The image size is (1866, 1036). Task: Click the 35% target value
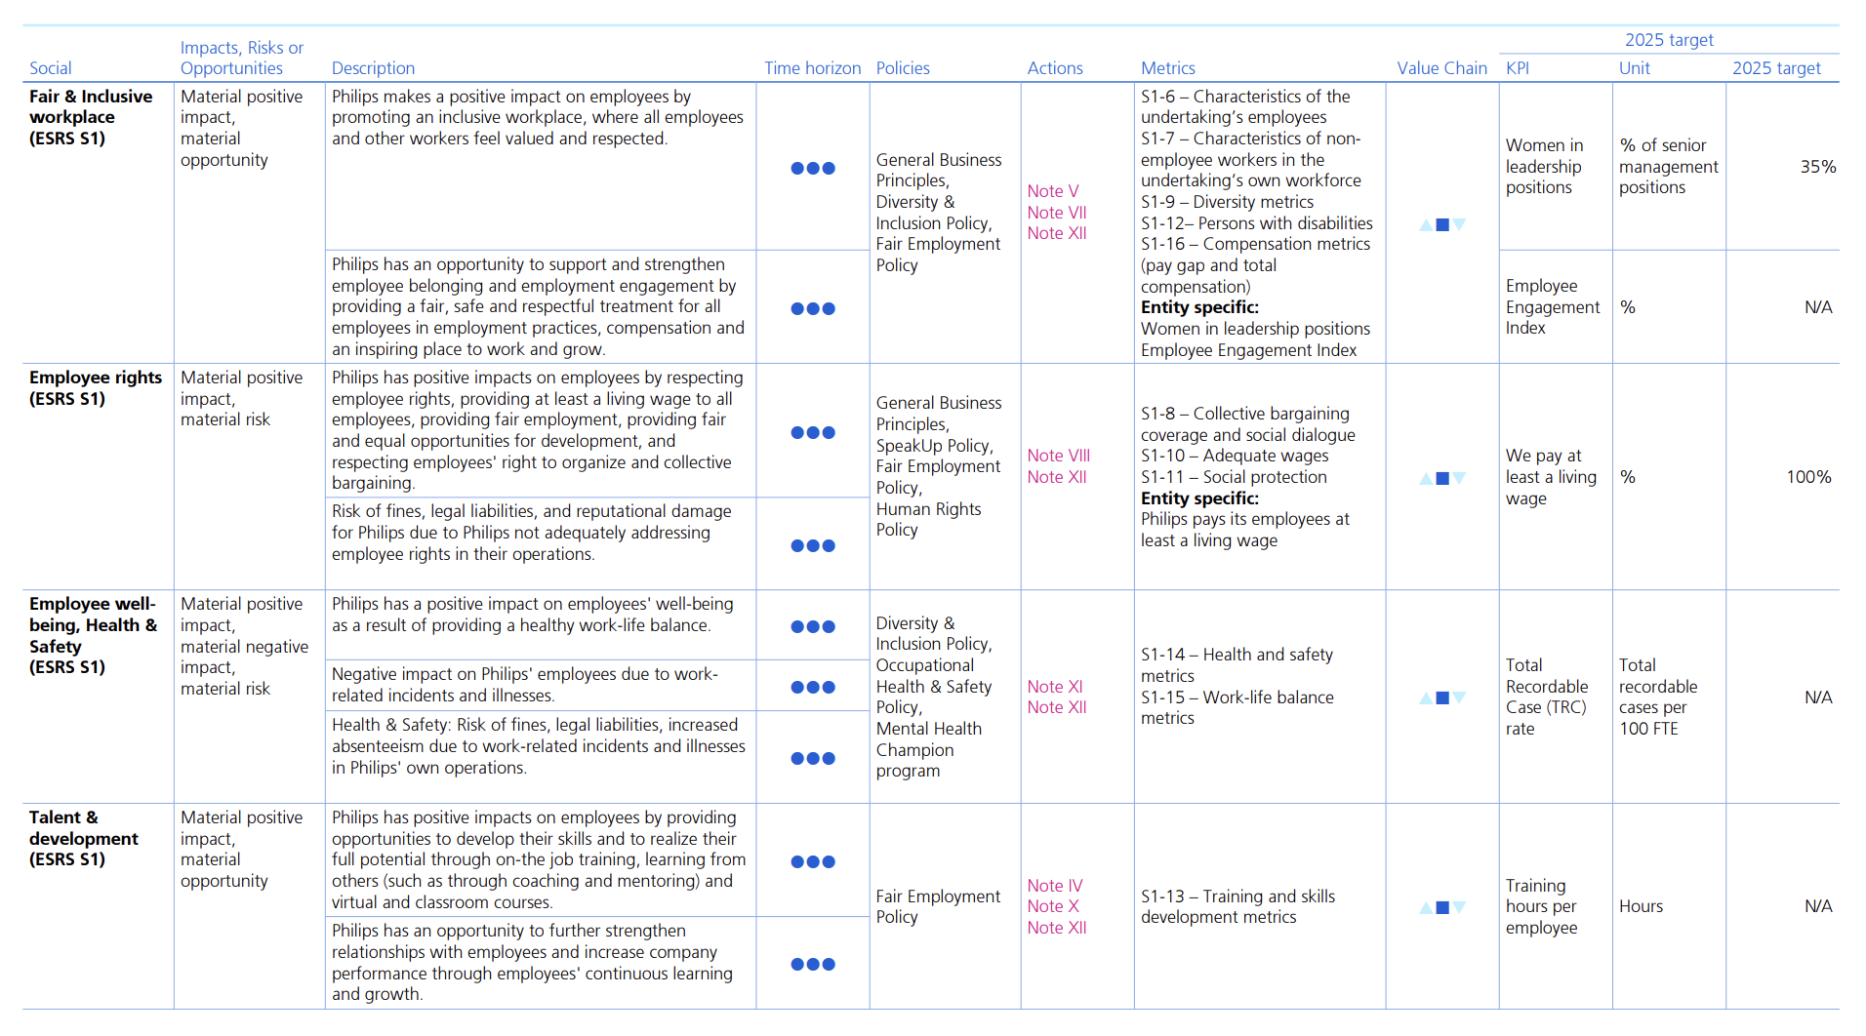tap(1817, 167)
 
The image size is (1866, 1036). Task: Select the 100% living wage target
tap(1808, 477)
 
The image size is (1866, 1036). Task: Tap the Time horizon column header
tap(812, 68)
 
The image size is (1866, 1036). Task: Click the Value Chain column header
tap(1441, 68)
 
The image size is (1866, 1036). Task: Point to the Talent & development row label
tap(84, 838)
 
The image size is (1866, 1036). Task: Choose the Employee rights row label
tap(95, 387)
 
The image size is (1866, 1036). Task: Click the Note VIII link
tap(1058, 456)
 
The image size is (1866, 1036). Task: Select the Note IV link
tap(1054, 886)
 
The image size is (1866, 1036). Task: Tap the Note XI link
tap(1054, 687)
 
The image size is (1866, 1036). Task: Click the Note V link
tap(1052, 191)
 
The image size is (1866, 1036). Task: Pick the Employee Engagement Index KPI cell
tap(1552, 306)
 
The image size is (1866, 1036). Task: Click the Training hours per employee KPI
tap(1541, 906)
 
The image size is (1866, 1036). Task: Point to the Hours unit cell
tap(1641, 906)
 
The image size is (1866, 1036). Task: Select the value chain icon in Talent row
tap(1442, 907)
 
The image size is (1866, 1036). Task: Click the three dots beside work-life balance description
tap(812, 626)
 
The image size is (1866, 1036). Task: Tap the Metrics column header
tap(1167, 68)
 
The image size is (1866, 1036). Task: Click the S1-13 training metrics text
tap(1237, 906)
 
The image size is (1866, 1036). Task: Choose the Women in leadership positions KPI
tap(1544, 167)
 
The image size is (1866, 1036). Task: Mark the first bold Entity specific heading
tap(1199, 307)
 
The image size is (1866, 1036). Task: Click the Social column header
tap(51, 68)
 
